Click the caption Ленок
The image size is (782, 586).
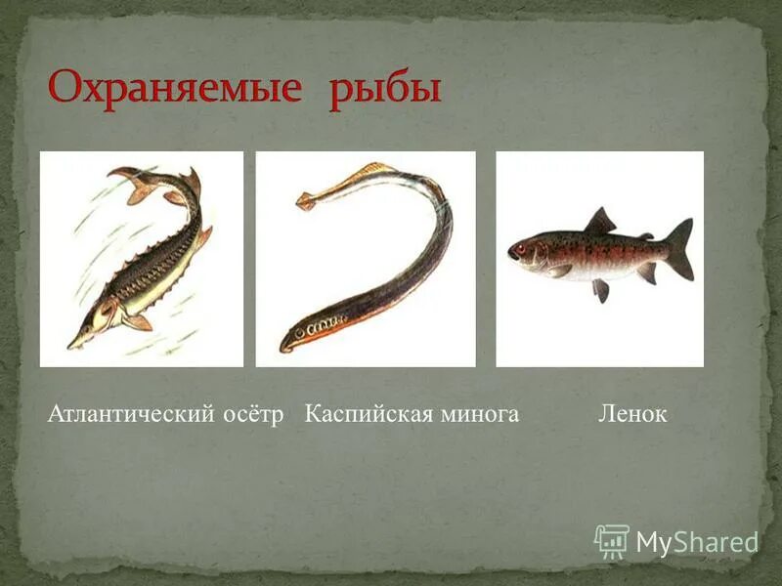632,414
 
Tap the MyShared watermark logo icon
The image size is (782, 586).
612,541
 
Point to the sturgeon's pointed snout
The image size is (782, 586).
73,344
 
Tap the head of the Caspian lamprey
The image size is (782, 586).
293,339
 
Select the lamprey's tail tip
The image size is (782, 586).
307,203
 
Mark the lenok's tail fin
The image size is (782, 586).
680,248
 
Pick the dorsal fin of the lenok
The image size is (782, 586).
600,222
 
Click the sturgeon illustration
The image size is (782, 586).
142,259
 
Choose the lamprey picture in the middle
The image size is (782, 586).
366,259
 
